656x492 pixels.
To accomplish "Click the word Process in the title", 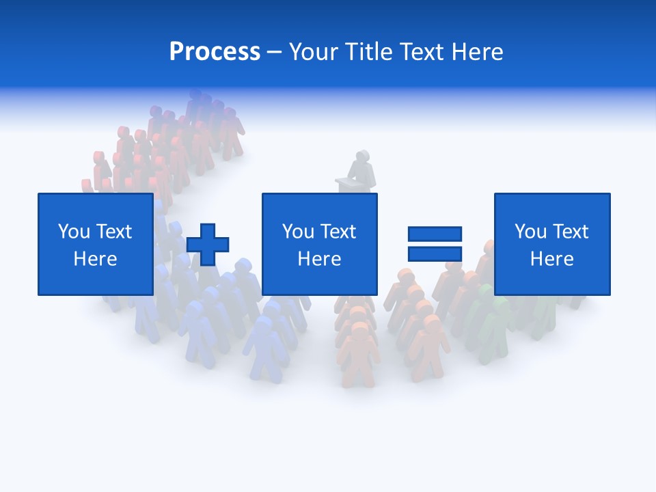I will tap(215, 52).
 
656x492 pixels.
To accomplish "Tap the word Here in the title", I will tap(476, 52).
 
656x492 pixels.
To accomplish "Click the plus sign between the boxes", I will tap(208, 245).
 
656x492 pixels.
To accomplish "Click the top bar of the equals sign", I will tap(435, 234).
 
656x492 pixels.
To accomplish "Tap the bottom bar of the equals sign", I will tap(435, 254).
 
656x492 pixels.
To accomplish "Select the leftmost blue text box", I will tap(95, 244).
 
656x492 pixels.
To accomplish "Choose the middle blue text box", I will tap(319, 244).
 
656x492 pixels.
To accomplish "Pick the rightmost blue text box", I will tap(551, 244).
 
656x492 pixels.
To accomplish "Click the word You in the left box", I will tap(74, 232).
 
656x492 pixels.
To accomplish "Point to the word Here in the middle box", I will tap(319, 259).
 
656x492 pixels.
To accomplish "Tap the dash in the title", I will tap(274, 52).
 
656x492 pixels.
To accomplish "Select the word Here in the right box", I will tap(551, 259).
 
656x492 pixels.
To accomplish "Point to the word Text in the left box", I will tap(114, 232).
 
